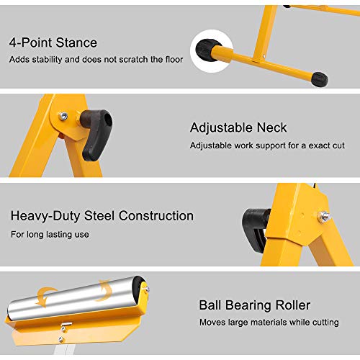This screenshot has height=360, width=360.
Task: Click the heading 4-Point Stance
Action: (53, 42)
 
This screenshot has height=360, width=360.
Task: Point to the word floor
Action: (172, 59)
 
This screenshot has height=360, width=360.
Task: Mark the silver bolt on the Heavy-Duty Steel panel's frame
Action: (324, 215)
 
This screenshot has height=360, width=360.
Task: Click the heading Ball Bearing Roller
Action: (255, 305)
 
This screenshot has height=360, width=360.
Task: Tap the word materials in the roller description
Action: (274, 322)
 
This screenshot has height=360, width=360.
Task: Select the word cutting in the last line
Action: (325, 322)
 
